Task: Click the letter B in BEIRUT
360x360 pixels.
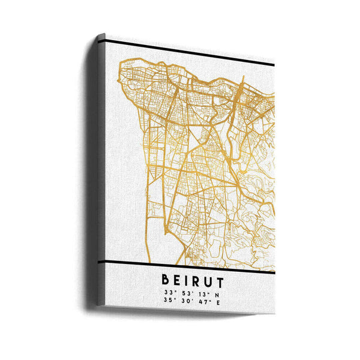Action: click(165, 280)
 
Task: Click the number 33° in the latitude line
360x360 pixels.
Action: click(167, 292)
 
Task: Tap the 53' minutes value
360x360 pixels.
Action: click(182, 293)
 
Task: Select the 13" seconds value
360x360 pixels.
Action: click(199, 293)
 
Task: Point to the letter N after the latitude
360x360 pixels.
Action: click(217, 293)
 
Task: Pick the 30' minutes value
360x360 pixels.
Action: click(182, 301)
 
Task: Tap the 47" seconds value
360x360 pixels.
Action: click(199, 301)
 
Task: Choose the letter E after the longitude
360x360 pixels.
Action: click(217, 301)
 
